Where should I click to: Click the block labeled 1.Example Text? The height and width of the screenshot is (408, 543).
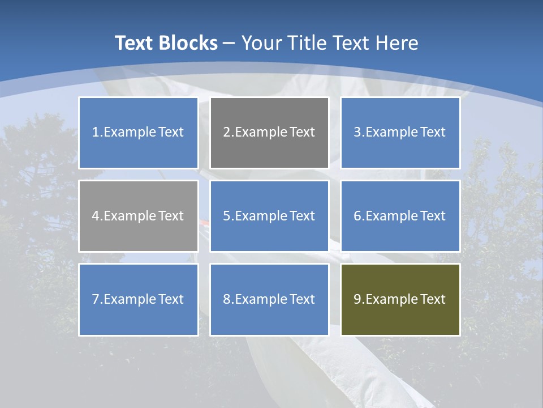pyautogui.click(x=138, y=133)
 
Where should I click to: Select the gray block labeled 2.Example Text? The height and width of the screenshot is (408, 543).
pyautogui.click(x=269, y=133)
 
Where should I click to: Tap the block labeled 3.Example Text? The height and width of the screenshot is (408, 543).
pyautogui.click(x=400, y=133)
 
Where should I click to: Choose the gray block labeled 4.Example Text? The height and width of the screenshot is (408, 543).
pyautogui.click(x=138, y=216)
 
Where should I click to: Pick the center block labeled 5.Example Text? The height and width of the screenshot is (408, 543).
pyautogui.click(x=269, y=216)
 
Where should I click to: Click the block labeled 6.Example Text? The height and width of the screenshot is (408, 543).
pyautogui.click(x=400, y=216)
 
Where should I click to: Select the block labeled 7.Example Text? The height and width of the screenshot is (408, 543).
pyautogui.click(x=138, y=299)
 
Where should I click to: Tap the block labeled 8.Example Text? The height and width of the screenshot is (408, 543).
pyautogui.click(x=269, y=299)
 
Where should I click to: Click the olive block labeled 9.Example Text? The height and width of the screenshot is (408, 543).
pyautogui.click(x=400, y=299)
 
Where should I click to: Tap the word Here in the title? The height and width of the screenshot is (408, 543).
pyautogui.click(x=398, y=43)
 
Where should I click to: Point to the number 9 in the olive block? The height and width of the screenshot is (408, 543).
pyautogui.click(x=357, y=299)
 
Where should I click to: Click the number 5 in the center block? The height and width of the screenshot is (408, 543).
pyautogui.click(x=226, y=216)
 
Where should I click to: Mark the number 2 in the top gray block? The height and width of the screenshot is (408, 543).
pyautogui.click(x=226, y=133)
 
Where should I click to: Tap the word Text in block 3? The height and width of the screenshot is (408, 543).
pyautogui.click(x=433, y=133)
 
